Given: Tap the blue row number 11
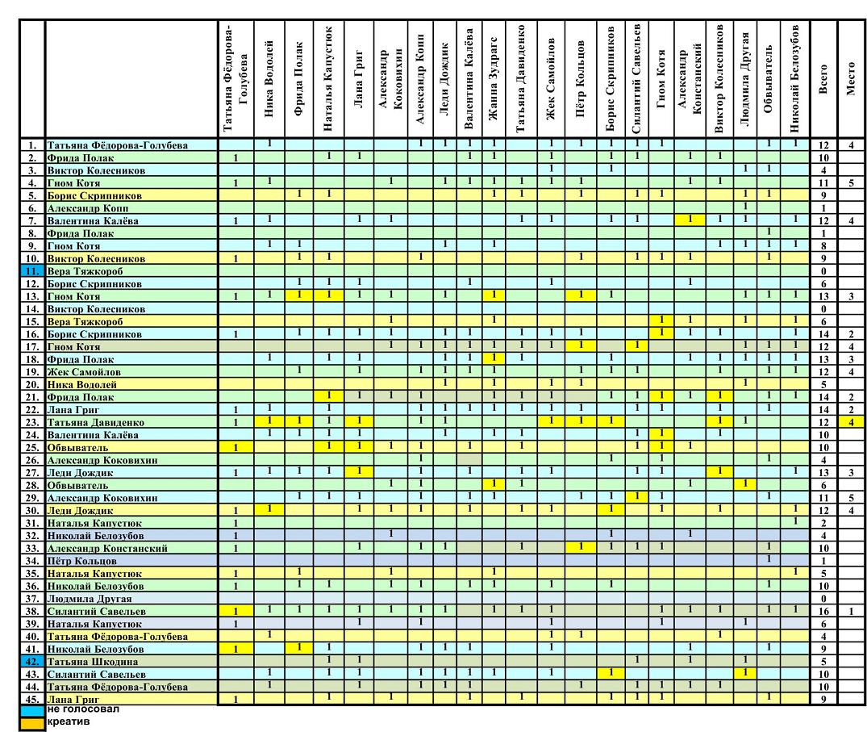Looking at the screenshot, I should [x=31, y=272].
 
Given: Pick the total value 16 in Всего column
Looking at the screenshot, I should [x=823, y=611].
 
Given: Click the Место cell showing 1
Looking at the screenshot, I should [x=852, y=611].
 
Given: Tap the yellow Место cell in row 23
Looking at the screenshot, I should [x=852, y=422].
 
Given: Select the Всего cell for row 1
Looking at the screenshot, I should [x=823, y=145].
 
